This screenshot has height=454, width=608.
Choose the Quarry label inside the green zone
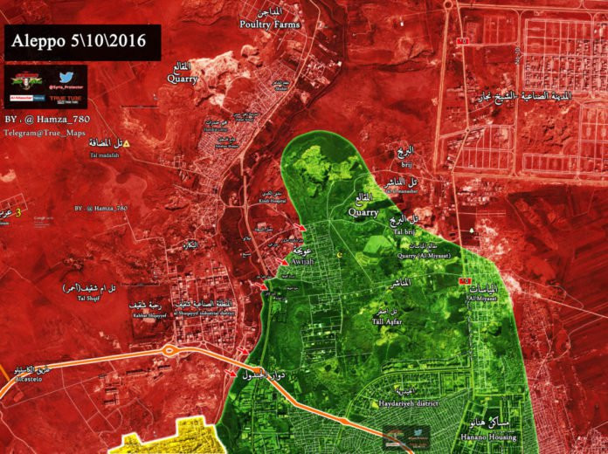coord(363,211)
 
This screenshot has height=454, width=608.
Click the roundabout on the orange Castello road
coord(169,352)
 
